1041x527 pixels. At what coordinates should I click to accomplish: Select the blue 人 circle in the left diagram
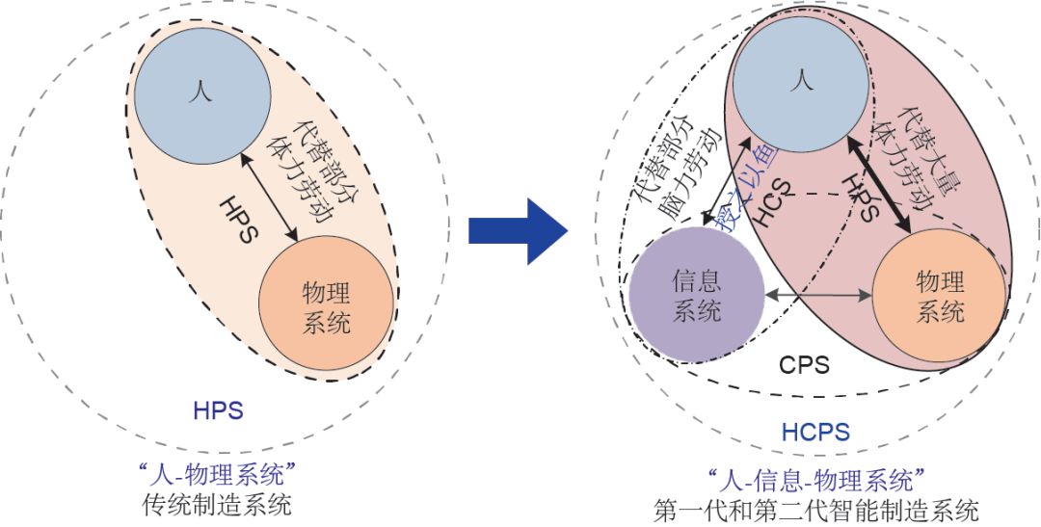[202, 94]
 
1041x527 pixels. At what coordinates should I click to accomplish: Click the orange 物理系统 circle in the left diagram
[326, 306]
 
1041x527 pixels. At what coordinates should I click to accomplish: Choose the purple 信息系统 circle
[696, 296]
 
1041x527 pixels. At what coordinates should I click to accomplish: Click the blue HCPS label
[815, 431]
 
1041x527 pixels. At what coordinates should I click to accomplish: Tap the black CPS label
[804, 366]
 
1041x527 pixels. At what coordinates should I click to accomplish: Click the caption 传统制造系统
[217, 503]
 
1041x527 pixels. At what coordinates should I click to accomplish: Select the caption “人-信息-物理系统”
[815, 479]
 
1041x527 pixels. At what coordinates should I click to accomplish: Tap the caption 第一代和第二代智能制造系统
[815, 508]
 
